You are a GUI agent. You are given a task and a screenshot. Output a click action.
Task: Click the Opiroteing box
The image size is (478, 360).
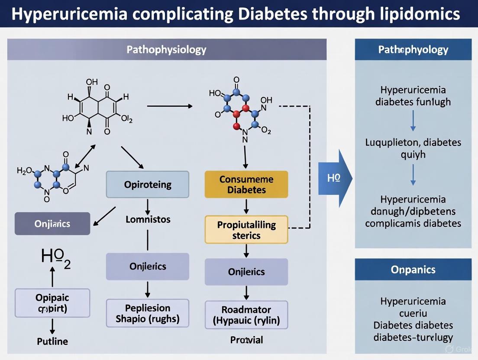148,185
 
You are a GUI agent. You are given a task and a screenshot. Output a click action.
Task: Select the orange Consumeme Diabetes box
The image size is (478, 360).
246,185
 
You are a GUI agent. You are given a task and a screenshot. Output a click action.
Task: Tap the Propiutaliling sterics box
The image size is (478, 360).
246,230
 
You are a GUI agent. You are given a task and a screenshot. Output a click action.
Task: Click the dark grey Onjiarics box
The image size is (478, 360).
52,224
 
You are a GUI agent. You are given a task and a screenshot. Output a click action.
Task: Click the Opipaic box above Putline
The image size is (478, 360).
52,303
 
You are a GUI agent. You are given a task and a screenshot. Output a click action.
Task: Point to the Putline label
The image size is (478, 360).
52,341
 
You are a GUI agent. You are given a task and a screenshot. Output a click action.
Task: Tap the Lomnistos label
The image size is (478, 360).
148,219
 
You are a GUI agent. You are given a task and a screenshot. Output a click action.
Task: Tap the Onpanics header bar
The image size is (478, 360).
413,270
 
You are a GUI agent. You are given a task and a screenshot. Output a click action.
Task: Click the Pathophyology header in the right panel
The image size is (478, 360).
413,50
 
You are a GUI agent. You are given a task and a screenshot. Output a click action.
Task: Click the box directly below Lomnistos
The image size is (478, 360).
148,267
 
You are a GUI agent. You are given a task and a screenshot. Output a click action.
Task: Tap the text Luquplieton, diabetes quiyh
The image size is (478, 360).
413,148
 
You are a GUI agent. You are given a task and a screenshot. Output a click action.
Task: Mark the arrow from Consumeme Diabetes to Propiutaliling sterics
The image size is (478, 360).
246,206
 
